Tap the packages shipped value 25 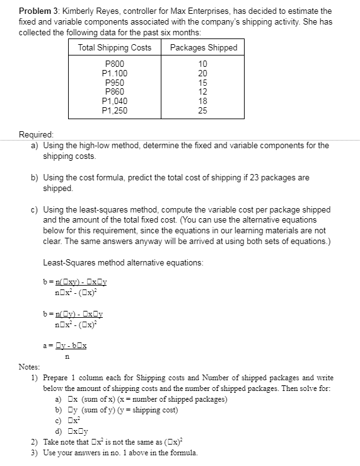(x=202, y=110)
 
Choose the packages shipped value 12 (x=202, y=92)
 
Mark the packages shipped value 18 (x=202, y=101)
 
